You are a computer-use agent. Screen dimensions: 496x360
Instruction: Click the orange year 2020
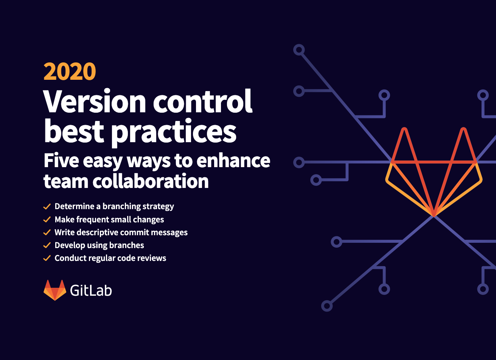70,71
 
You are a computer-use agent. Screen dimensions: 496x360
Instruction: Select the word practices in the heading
174,132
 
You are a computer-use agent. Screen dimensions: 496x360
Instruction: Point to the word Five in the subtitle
61,160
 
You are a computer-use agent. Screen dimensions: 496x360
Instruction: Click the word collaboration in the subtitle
151,181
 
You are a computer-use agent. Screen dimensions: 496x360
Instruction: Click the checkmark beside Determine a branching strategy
47,206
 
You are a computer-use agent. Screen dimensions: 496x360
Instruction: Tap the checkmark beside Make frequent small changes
47,219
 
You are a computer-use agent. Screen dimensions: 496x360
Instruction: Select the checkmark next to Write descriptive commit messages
47,232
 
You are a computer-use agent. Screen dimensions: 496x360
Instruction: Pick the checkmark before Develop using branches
47,245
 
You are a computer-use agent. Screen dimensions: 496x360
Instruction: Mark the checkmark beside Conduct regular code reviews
47,258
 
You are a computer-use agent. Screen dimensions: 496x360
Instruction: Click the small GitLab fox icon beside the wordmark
55,290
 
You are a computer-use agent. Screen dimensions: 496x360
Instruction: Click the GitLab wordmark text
91,290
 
